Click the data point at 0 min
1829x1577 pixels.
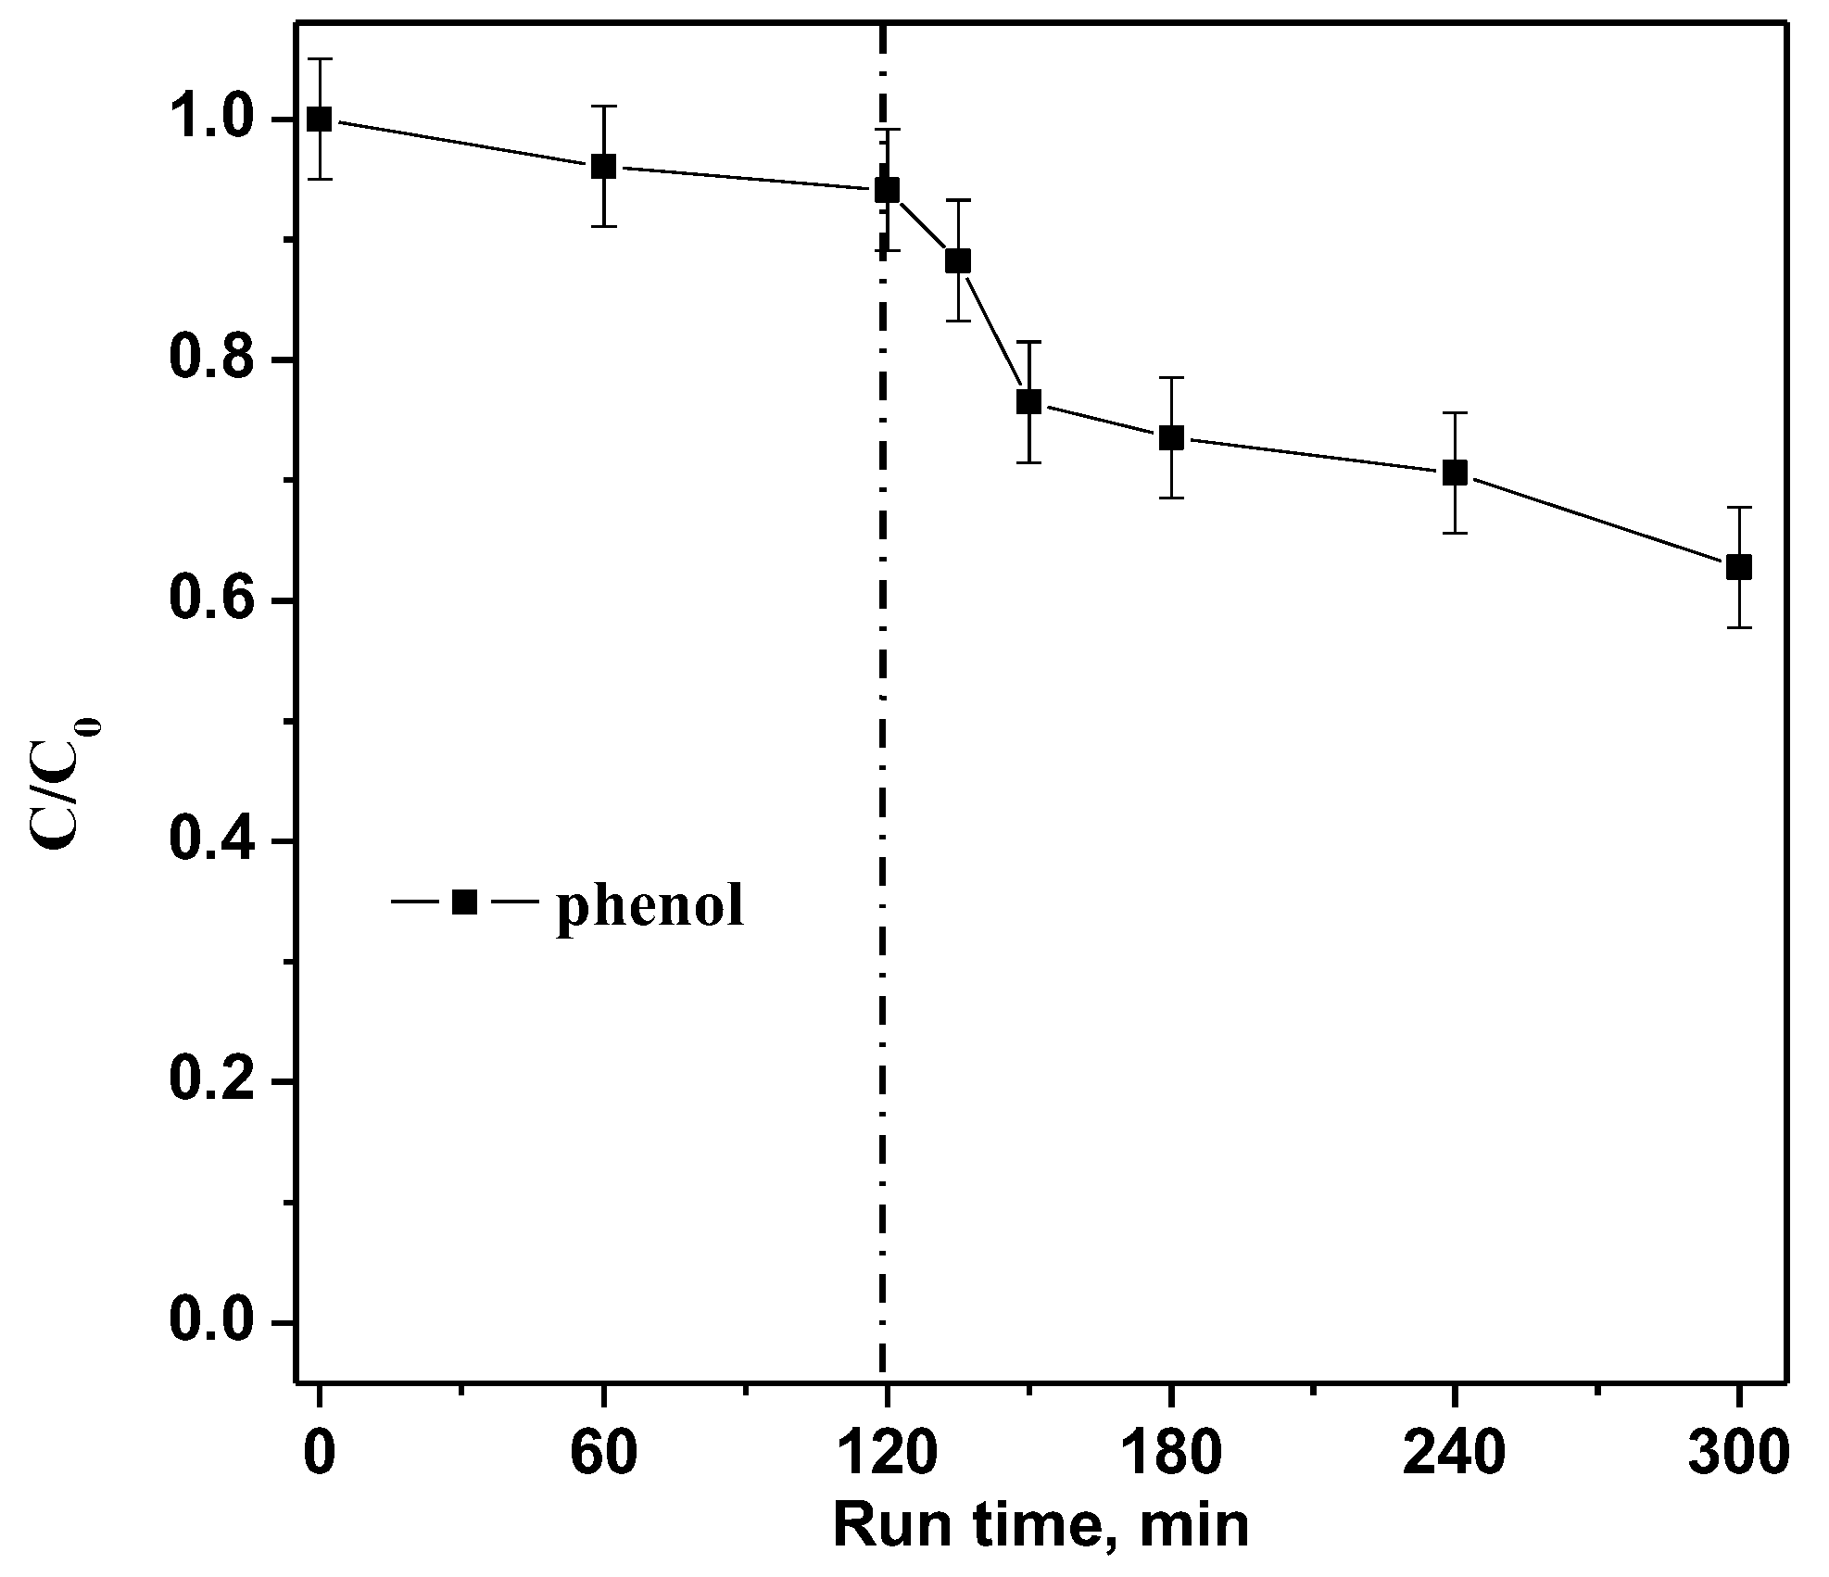coord(320,119)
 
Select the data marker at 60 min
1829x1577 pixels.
coord(604,167)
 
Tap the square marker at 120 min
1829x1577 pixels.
coord(888,190)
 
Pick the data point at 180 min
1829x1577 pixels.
coord(1172,438)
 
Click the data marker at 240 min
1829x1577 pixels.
coord(1456,473)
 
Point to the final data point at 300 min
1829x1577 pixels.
coord(1739,567)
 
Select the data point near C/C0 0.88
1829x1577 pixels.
coord(958,261)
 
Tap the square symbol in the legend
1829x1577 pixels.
coord(464,902)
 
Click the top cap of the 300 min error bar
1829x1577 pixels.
coord(1739,508)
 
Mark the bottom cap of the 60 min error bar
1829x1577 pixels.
coord(604,226)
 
